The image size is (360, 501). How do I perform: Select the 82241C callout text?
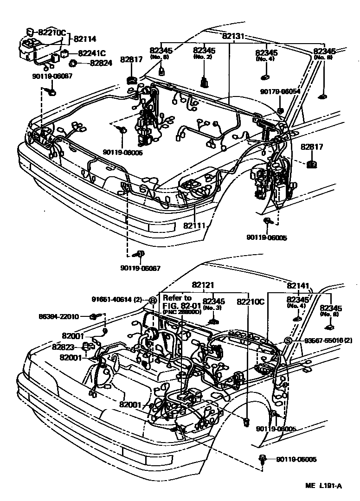[x=92, y=53]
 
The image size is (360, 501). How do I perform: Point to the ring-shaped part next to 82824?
[x=73, y=63]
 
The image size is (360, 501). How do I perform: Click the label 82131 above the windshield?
[x=233, y=36]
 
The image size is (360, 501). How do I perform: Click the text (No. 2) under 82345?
[x=204, y=57]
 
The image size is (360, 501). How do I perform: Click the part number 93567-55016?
[x=322, y=341]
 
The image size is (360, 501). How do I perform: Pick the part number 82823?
[x=64, y=347]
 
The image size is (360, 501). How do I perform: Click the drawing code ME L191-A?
[x=323, y=486]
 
